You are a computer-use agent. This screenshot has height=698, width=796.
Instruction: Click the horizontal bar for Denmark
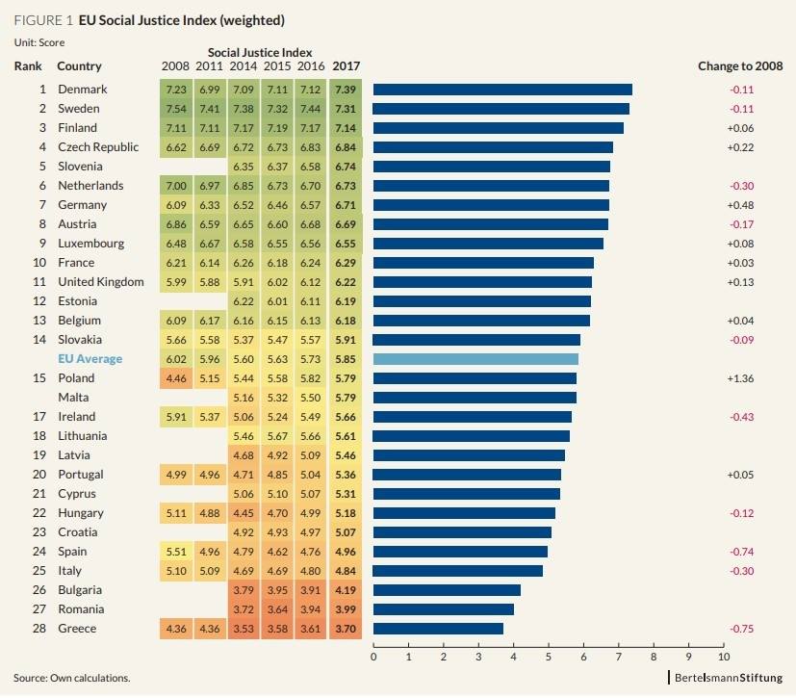[502, 90]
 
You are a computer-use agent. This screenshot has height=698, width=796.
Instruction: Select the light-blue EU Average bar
[475, 359]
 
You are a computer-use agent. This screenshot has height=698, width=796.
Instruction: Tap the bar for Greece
[438, 629]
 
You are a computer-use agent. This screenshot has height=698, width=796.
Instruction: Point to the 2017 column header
[345, 66]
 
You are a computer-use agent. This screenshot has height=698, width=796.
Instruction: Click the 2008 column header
[176, 66]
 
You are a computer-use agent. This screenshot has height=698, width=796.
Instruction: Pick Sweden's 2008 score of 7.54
[176, 109]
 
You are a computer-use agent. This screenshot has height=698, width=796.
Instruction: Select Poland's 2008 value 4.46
[176, 378]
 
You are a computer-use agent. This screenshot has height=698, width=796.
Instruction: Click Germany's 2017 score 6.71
[345, 205]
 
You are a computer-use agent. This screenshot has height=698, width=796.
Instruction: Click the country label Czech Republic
[98, 147]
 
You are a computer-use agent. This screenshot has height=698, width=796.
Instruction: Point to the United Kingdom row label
[100, 282]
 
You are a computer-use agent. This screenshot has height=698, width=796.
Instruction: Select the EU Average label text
[91, 359]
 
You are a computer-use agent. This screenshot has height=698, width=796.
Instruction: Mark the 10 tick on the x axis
[724, 658]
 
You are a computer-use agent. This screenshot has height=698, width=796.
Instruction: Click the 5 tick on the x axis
[549, 658]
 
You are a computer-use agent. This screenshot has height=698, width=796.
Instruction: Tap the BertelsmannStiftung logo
[728, 677]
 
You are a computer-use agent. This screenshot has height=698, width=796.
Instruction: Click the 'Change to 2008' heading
[739, 66]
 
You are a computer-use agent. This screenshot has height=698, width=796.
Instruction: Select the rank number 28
[39, 629]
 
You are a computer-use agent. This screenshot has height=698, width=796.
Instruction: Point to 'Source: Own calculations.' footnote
[71, 678]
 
